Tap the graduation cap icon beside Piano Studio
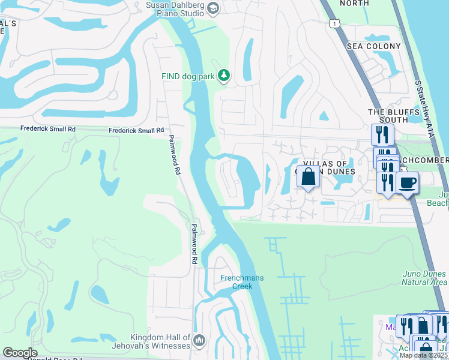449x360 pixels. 214,8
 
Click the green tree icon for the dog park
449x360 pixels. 223,75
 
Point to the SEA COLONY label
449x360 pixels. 373,46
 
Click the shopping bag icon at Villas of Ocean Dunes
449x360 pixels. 308,177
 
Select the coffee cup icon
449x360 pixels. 407,182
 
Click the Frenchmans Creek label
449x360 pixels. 242,281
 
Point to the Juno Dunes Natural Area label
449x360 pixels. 424,278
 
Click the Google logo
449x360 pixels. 20,353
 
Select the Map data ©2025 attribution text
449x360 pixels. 423,355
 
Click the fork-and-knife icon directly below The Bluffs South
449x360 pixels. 382,134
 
